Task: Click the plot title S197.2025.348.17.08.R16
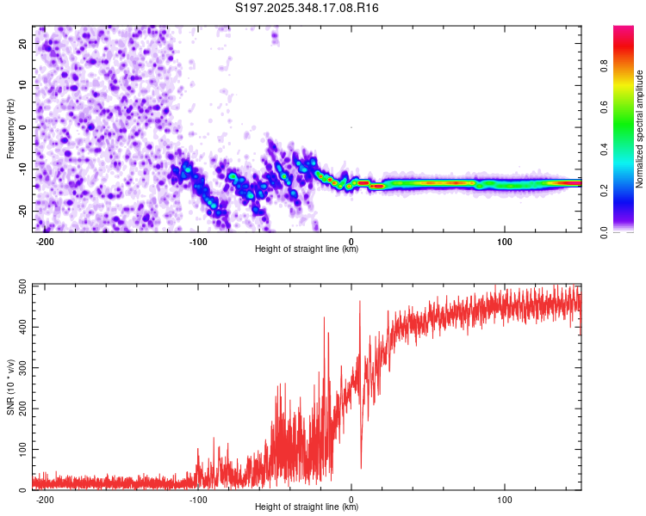coord(307,8)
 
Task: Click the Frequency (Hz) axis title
coord(10,129)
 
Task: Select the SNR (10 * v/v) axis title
coord(10,387)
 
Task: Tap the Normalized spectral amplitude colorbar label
coord(639,129)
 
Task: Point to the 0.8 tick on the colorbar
coord(604,66)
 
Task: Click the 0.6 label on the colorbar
coord(604,107)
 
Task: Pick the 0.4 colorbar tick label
coord(604,149)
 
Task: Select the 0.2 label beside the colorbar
coord(604,191)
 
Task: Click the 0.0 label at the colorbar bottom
coord(604,232)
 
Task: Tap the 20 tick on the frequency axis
coord(22,43)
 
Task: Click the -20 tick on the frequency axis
coord(22,212)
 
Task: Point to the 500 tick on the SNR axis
coord(22,286)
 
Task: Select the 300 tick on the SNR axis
coord(22,368)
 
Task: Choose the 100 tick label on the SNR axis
coord(22,449)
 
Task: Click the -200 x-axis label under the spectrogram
coord(45,242)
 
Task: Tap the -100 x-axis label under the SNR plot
coord(198,500)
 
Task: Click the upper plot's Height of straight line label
coord(307,249)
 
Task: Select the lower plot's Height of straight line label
coord(307,507)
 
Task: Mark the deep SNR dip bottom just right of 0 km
coord(361,468)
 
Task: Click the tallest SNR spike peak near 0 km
coord(360,301)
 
